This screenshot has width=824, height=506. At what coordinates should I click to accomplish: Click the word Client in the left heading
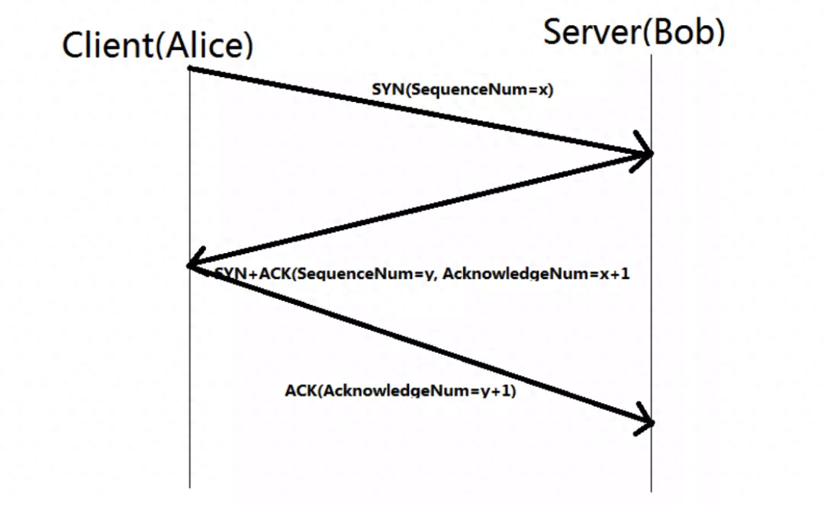click(108, 45)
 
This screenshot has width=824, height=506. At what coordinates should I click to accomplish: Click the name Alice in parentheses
click(204, 45)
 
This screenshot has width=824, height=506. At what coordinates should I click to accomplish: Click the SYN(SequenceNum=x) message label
click(462, 89)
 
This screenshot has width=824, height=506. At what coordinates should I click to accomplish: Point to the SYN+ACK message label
click(422, 273)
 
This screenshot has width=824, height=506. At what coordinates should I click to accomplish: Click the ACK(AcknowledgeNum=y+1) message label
click(401, 390)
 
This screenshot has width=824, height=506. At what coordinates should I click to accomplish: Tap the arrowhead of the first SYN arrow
click(643, 152)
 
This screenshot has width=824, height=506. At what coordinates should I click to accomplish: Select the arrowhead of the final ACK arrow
click(645, 419)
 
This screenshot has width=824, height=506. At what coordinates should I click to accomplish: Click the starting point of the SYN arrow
click(190, 68)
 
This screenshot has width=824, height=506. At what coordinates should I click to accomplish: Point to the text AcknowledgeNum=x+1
click(536, 273)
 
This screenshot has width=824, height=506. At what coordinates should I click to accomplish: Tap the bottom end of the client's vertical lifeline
click(190, 488)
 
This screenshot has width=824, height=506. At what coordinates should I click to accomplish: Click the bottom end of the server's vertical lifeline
click(652, 492)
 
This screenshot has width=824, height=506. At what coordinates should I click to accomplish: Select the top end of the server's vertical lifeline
click(652, 55)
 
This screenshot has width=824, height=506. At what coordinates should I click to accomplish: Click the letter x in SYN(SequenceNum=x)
click(543, 90)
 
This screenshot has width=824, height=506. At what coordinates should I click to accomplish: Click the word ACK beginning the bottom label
click(301, 390)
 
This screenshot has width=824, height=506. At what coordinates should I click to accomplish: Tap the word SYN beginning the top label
click(388, 89)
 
